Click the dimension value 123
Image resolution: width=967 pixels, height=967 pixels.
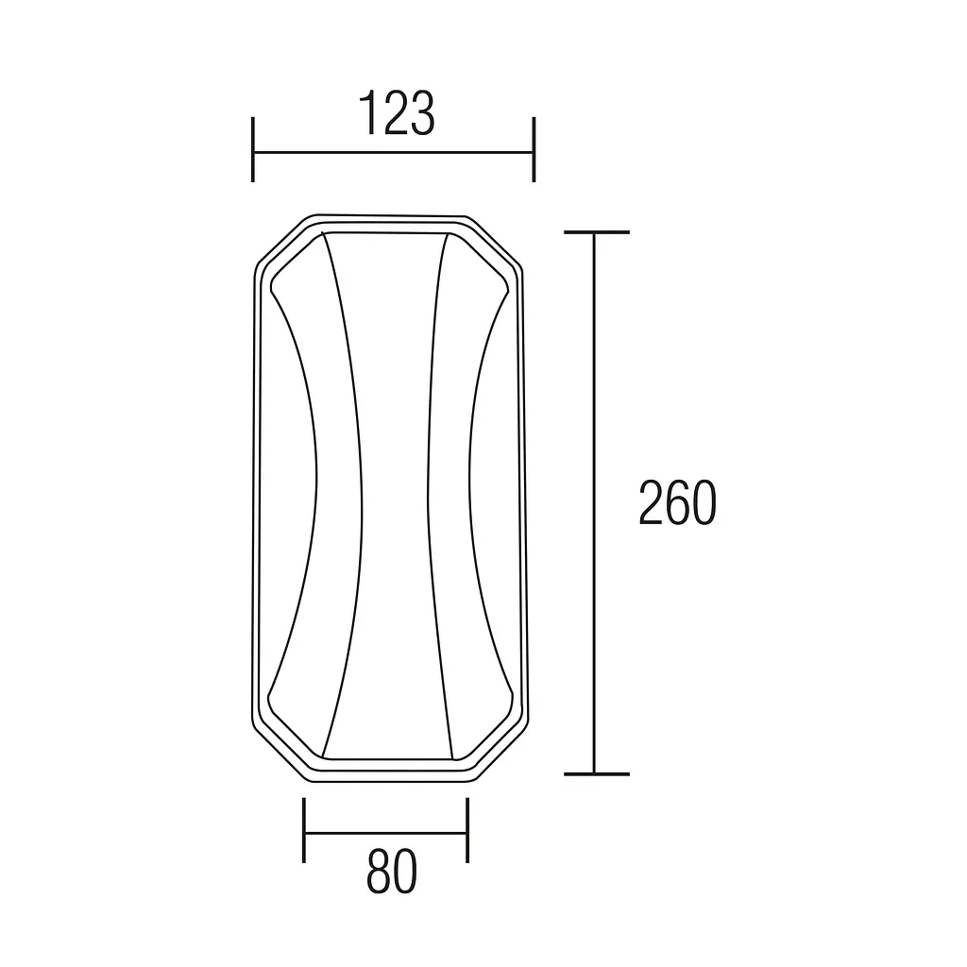[397, 113]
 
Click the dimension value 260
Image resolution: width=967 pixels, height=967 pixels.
[677, 503]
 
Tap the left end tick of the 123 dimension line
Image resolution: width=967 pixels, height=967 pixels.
[253, 150]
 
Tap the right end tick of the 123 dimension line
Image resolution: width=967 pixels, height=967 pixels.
[534, 150]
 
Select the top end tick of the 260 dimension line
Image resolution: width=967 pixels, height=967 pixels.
[597, 232]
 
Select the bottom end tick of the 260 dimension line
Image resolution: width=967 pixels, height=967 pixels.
[597, 774]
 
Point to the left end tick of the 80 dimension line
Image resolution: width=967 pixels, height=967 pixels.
[304, 830]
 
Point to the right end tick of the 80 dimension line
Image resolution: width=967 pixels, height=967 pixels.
[467, 830]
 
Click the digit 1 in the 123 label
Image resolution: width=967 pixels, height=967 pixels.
[368, 113]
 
